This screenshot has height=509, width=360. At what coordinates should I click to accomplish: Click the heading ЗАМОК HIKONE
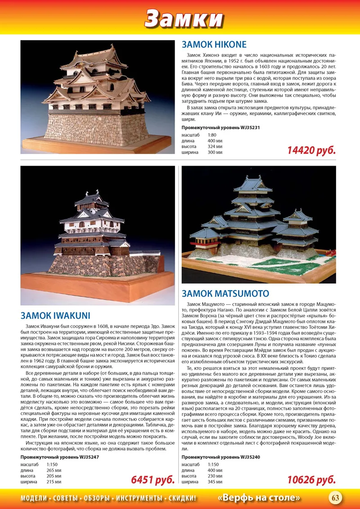click(x=214, y=45)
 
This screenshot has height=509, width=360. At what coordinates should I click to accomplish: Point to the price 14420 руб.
click(x=311, y=150)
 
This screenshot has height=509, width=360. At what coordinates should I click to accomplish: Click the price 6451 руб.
click(x=153, y=480)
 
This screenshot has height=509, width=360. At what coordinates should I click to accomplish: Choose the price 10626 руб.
click(x=311, y=480)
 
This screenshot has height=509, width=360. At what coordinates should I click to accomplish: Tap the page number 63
click(x=336, y=498)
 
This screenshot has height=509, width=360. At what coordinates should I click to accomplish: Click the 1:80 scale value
click(x=212, y=135)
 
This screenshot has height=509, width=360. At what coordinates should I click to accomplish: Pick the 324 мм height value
click(x=215, y=147)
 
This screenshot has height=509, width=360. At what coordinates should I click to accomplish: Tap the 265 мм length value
click(x=54, y=470)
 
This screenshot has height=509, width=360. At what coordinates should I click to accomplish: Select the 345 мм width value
click(x=215, y=482)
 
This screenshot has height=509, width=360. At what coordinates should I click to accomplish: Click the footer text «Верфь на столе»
click(x=259, y=498)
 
